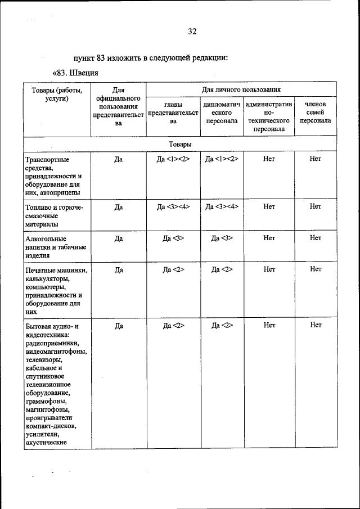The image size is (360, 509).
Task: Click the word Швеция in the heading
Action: click(85, 73)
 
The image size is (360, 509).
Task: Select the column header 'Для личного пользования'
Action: click(241, 89)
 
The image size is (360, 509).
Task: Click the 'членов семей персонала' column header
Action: click(315, 112)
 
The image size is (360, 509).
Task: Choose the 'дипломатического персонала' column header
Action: click(222, 112)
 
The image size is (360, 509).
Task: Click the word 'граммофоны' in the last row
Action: click(47, 402)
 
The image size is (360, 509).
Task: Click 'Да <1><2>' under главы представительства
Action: click(174, 159)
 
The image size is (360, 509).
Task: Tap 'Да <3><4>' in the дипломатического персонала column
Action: click(222, 206)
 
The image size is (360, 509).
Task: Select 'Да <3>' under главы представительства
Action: click(174, 238)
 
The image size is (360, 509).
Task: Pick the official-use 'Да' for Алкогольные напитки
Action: click(119, 238)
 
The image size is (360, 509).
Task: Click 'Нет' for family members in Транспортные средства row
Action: click(316, 159)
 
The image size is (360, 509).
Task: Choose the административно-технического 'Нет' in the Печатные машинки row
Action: click(269, 269)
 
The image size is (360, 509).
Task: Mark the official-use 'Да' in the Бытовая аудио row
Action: click(119, 325)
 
